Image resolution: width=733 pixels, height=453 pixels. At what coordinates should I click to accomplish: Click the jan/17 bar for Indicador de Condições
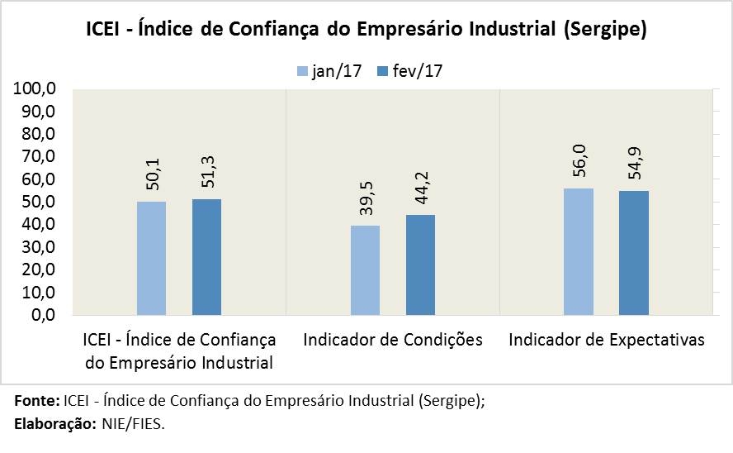pos(365,270)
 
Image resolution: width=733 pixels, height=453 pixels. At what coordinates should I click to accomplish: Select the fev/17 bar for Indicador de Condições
pos(420,265)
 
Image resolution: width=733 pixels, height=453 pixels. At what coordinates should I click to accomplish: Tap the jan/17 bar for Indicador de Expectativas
pos(579,251)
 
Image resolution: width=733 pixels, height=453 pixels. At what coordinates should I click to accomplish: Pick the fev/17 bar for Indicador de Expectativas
pos(634,253)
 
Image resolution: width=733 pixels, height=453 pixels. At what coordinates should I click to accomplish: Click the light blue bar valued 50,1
pos(151,258)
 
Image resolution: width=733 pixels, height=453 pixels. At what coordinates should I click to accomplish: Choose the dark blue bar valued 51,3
pos(206,256)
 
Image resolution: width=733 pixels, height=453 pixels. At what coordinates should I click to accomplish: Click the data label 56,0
pos(579,161)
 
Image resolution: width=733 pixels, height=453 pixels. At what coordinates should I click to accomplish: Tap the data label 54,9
pos(634,164)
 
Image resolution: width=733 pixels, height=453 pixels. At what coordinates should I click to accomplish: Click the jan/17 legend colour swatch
pos(302,71)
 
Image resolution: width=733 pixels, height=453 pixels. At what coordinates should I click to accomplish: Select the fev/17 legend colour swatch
pos(382,71)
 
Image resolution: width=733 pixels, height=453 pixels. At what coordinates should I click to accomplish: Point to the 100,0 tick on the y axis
pos(35,89)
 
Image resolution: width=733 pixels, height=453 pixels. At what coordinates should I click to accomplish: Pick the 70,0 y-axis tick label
pos(38,157)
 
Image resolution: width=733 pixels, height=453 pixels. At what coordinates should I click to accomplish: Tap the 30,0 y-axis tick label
pos(38,247)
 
